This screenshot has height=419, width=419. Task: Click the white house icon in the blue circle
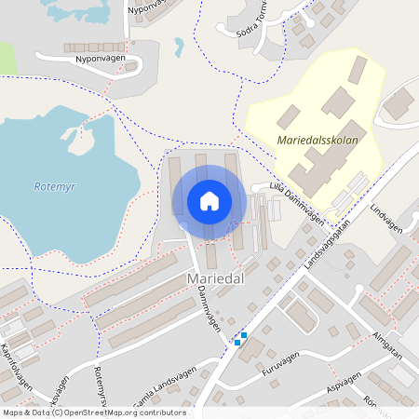(x=209, y=201)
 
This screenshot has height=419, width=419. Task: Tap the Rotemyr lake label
(x=53, y=185)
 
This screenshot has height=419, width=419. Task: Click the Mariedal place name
(x=216, y=278)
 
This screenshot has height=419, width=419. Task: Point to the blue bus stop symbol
(x=240, y=340)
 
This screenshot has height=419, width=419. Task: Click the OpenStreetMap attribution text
(x=93, y=412)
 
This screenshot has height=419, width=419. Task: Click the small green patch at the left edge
(x=7, y=59)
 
